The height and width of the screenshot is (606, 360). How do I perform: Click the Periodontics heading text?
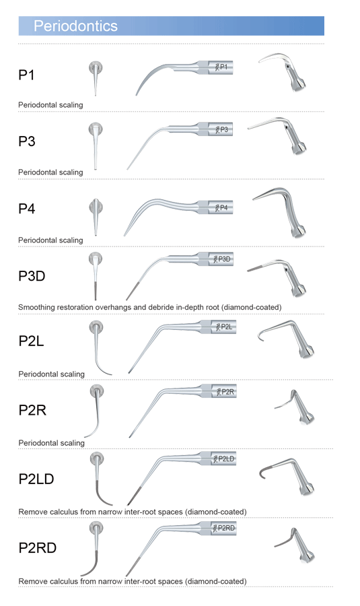click(x=75, y=26)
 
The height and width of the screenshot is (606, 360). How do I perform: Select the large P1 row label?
click(x=27, y=75)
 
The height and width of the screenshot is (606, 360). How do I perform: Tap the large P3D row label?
click(x=32, y=276)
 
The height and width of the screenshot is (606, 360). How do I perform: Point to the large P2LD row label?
click(x=36, y=479)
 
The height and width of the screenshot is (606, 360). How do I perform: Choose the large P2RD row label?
click(x=38, y=547)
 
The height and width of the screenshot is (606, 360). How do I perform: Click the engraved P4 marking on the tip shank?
click(x=221, y=208)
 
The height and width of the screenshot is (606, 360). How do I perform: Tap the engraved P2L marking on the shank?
click(x=224, y=327)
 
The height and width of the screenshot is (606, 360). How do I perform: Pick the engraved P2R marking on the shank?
click(x=225, y=392)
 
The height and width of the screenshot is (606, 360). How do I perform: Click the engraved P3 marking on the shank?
click(x=221, y=129)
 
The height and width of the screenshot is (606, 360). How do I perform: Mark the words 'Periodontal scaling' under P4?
click(x=50, y=240)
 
